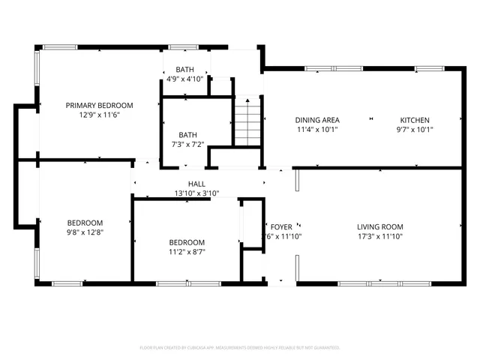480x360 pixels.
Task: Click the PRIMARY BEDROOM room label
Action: [99, 105]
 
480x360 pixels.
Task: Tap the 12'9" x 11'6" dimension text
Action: [99, 115]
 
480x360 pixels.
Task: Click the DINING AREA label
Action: [317, 120]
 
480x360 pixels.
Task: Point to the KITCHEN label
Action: [415, 120]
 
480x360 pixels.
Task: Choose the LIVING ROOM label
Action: [379, 226]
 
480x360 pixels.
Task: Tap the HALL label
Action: [196, 184]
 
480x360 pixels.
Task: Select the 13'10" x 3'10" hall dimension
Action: [196, 193]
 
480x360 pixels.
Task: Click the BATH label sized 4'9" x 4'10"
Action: [184, 69]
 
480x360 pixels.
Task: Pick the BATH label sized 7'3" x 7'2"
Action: [187, 135]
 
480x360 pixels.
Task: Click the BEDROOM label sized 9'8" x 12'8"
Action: [85, 223]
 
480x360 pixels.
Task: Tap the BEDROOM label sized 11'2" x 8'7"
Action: [187, 242]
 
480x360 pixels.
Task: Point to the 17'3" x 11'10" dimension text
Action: [379, 236]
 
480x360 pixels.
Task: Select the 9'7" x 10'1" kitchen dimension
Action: [415, 130]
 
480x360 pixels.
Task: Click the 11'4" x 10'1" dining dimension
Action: [317, 130]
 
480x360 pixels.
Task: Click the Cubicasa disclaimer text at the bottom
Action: [240, 348]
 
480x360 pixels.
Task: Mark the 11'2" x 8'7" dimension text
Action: [187, 252]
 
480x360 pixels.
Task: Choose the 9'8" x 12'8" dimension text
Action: [85, 232]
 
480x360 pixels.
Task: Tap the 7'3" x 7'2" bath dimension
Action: [187, 145]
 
